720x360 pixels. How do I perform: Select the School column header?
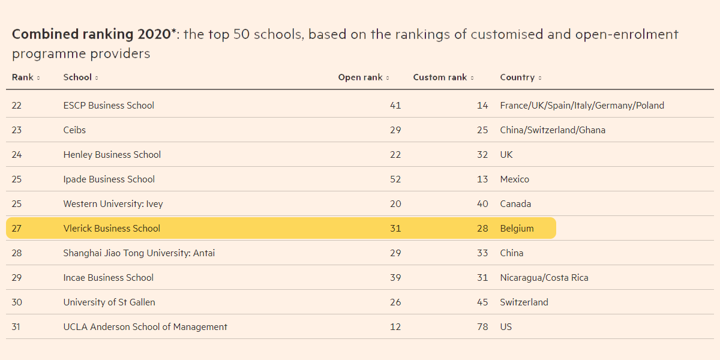[x=77, y=77]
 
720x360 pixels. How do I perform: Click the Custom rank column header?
[x=440, y=77]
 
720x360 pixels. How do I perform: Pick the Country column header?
[x=517, y=77]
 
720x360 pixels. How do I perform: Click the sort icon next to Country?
[x=540, y=78]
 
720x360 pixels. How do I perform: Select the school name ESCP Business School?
[x=109, y=106]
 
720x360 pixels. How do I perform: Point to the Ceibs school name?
[x=74, y=130]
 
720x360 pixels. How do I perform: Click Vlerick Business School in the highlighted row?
[x=112, y=229]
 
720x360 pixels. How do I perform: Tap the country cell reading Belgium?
[x=517, y=229]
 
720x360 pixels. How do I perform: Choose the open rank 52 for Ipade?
[x=395, y=179]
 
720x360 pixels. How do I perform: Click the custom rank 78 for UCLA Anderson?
[x=482, y=327]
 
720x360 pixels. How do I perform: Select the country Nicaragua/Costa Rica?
[x=544, y=278]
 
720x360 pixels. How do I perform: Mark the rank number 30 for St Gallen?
[x=17, y=302]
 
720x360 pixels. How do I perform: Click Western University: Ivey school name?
[x=113, y=204]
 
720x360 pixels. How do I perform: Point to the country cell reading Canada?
[x=515, y=204]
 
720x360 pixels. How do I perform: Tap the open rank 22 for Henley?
[x=395, y=155]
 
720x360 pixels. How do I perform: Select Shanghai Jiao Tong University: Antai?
[x=139, y=253]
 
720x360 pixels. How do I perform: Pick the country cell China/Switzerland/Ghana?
[x=553, y=130]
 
